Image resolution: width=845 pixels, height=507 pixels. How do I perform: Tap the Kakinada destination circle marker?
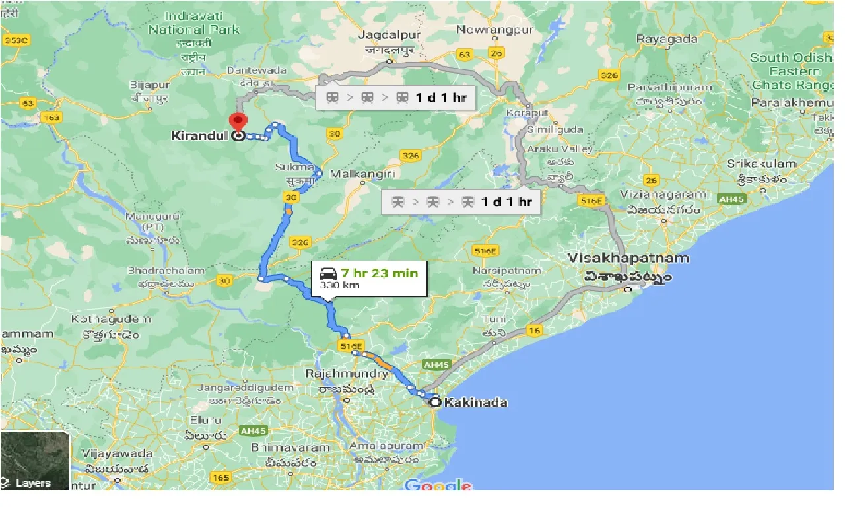pyautogui.click(x=435, y=401)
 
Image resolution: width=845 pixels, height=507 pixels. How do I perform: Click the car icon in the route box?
pyautogui.click(x=328, y=273)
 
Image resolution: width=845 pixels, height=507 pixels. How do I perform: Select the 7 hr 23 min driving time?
pyautogui.click(x=380, y=273)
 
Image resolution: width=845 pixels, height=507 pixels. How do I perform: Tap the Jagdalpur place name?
pyautogui.click(x=389, y=34)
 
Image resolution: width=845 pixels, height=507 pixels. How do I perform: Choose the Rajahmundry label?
pyautogui.click(x=347, y=374)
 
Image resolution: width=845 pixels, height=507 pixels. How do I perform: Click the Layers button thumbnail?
pyautogui.click(x=34, y=461)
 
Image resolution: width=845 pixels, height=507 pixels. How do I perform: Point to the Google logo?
pyautogui.click(x=438, y=487)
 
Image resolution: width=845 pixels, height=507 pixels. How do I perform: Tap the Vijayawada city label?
pyautogui.click(x=119, y=454)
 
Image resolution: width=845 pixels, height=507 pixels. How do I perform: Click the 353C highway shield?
pyautogui.click(x=17, y=40)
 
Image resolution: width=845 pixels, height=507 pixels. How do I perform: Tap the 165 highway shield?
pyautogui.click(x=221, y=477)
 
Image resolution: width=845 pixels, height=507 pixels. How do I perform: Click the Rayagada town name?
pyautogui.click(x=667, y=39)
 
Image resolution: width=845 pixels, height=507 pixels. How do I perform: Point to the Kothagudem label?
pyautogui.click(x=111, y=319)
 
